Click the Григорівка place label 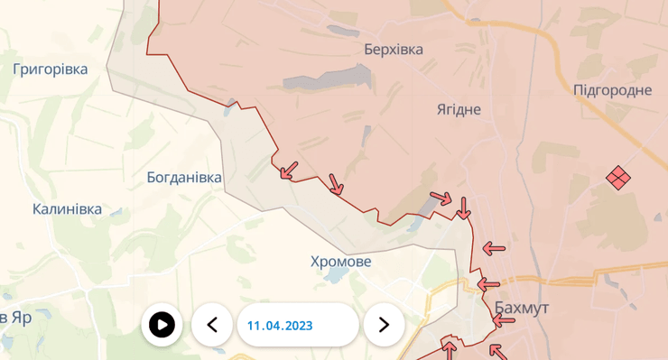tap(51, 69)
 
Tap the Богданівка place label tap(184, 178)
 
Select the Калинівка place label tap(67, 209)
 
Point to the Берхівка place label tap(394, 50)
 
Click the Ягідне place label tap(459, 109)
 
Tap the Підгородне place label tap(613, 89)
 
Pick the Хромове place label tap(340, 262)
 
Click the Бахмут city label tap(522, 308)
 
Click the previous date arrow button tap(212, 325)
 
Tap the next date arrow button tap(384, 325)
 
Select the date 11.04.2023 tap(280, 325)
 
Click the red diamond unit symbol tap(617, 177)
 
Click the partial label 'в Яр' tap(16, 318)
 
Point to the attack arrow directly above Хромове tap(335, 184)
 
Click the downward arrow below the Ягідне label tap(463, 208)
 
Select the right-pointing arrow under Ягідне tap(441, 198)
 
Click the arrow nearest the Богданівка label tap(289, 170)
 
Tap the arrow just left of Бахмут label tap(487, 283)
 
